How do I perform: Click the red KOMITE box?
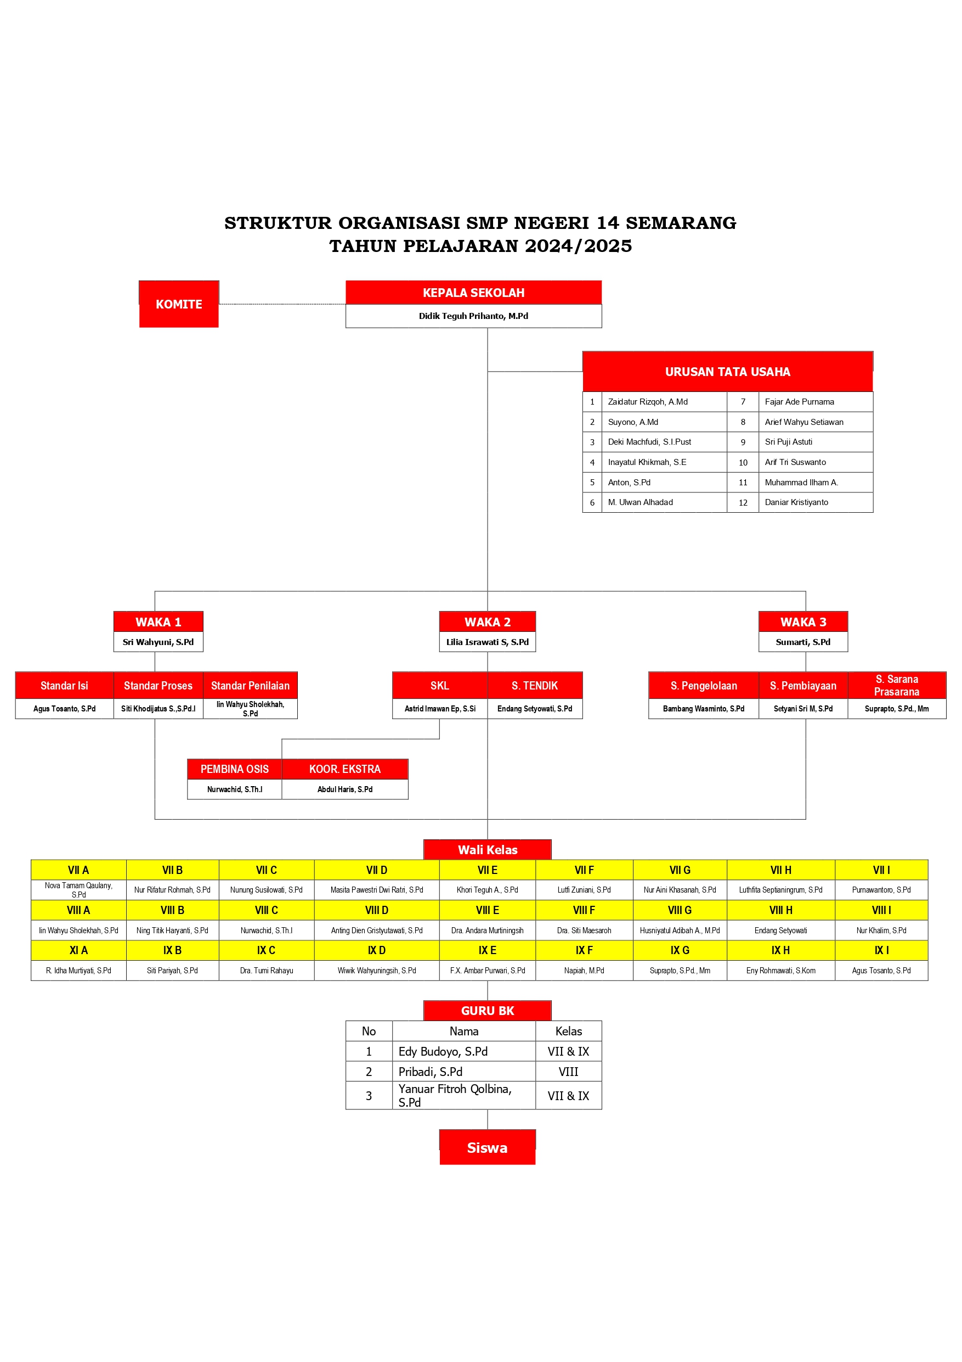click(x=178, y=304)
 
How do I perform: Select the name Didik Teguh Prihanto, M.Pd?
click(x=473, y=316)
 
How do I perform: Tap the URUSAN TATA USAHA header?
click(x=727, y=372)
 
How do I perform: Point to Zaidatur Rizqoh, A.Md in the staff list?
click(x=647, y=402)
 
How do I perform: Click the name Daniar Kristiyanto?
click(x=796, y=502)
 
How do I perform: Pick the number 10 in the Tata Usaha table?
click(x=743, y=463)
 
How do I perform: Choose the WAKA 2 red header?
click(x=487, y=621)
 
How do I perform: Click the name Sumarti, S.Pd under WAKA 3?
click(x=802, y=642)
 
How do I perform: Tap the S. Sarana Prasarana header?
click(x=896, y=685)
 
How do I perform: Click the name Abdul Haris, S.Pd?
click(x=344, y=789)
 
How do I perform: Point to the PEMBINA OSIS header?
click(x=234, y=770)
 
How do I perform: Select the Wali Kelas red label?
click(x=487, y=850)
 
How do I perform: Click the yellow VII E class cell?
click(x=487, y=870)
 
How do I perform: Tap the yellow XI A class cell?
click(x=78, y=950)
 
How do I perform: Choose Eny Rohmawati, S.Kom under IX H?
click(x=780, y=971)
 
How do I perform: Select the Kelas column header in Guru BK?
click(x=568, y=1032)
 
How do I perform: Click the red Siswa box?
click(x=487, y=1148)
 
